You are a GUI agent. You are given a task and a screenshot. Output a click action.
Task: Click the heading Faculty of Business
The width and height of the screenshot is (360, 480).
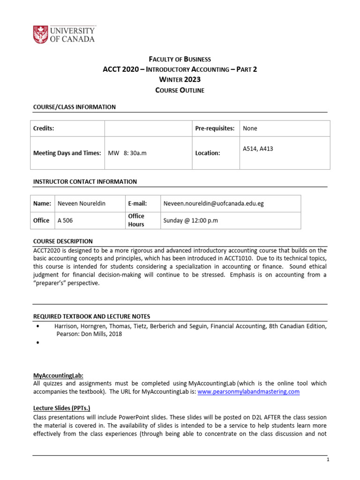[180, 59]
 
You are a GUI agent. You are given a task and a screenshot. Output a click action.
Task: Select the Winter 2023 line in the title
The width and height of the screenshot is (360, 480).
[180, 80]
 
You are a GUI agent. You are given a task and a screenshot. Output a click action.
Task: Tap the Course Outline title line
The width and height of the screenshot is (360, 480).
[180, 90]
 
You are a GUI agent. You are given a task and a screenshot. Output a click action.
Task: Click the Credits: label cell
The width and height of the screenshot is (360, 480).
[44, 128]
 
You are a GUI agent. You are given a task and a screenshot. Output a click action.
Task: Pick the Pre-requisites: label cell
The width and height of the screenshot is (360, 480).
[214, 128]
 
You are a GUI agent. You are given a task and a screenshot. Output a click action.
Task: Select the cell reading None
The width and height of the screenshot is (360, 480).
[250, 128]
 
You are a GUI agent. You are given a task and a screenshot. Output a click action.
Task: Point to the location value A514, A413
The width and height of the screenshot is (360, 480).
[258, 149]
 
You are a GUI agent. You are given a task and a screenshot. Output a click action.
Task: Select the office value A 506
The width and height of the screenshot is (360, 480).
[65, 220]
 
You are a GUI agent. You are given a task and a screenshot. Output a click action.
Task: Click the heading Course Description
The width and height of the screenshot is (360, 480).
[63, 241]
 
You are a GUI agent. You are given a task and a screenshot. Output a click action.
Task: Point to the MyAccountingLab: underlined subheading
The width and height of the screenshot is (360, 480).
[58, 375]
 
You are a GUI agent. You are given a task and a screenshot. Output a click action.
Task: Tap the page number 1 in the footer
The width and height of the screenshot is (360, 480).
[328, 460]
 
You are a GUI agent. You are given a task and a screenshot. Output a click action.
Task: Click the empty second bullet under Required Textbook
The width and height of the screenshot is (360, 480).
[36, 344]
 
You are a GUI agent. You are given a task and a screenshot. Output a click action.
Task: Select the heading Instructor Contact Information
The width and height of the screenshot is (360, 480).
[85, 181]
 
